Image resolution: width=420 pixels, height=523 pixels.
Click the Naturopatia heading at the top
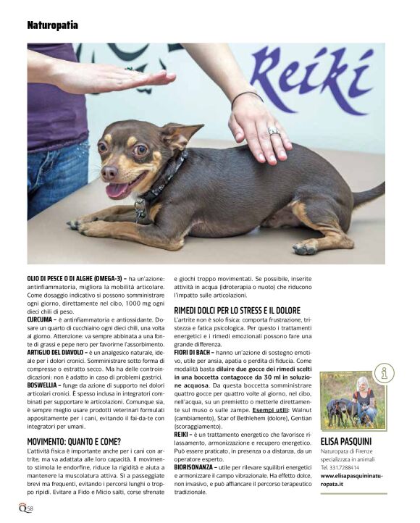point(53,25)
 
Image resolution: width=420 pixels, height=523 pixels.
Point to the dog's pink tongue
point(115,191)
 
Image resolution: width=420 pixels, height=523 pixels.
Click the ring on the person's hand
point(273,132)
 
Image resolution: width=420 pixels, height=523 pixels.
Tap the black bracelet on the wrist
point(246,95)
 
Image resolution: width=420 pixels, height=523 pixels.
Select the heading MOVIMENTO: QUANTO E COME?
point(74,441)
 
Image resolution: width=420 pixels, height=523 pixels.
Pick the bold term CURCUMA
point(41,319)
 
